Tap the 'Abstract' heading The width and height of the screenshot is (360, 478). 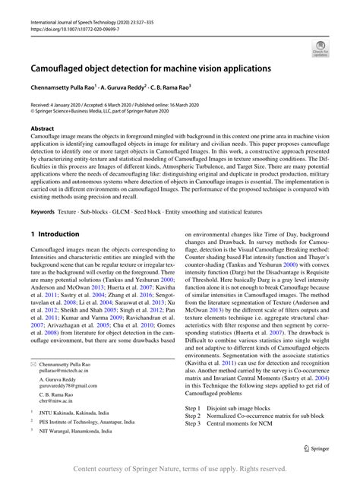42,129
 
